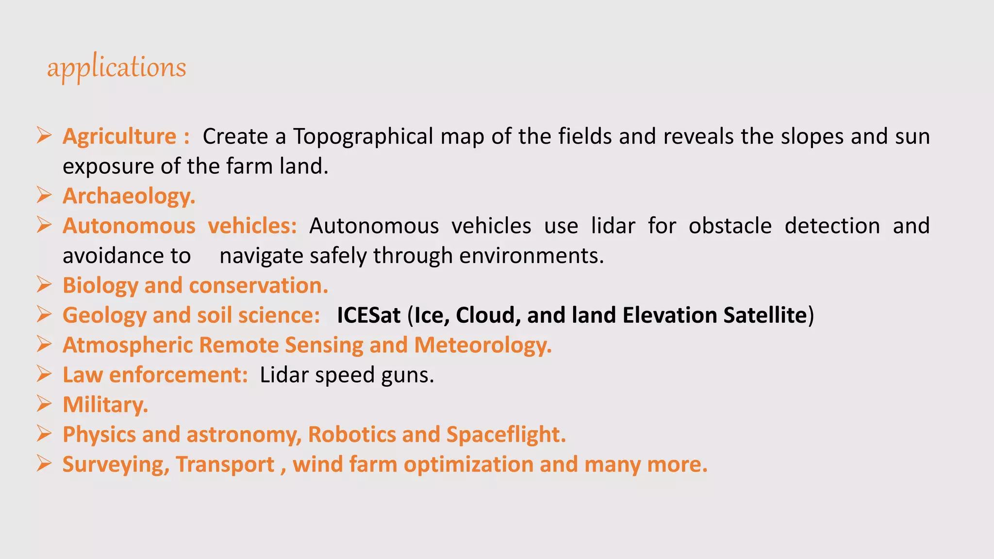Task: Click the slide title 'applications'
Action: (116, 67)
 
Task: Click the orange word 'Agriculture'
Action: (119, 136)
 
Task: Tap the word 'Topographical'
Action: (363, 136)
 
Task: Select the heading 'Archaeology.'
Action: (129, 196)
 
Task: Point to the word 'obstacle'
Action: (730, 226)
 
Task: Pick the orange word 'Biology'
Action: (100, 286)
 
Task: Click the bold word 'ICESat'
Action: (369, 315)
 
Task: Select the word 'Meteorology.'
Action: (483, 345)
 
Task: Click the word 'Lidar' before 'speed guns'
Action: (284, 375)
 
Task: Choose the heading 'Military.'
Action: (105, 405)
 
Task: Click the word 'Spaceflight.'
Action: (506, 435)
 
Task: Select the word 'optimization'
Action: (468, 465)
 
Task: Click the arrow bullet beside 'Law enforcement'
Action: (44, 375)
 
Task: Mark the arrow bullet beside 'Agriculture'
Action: (44, 136)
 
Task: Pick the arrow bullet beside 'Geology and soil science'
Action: (44, 315)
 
